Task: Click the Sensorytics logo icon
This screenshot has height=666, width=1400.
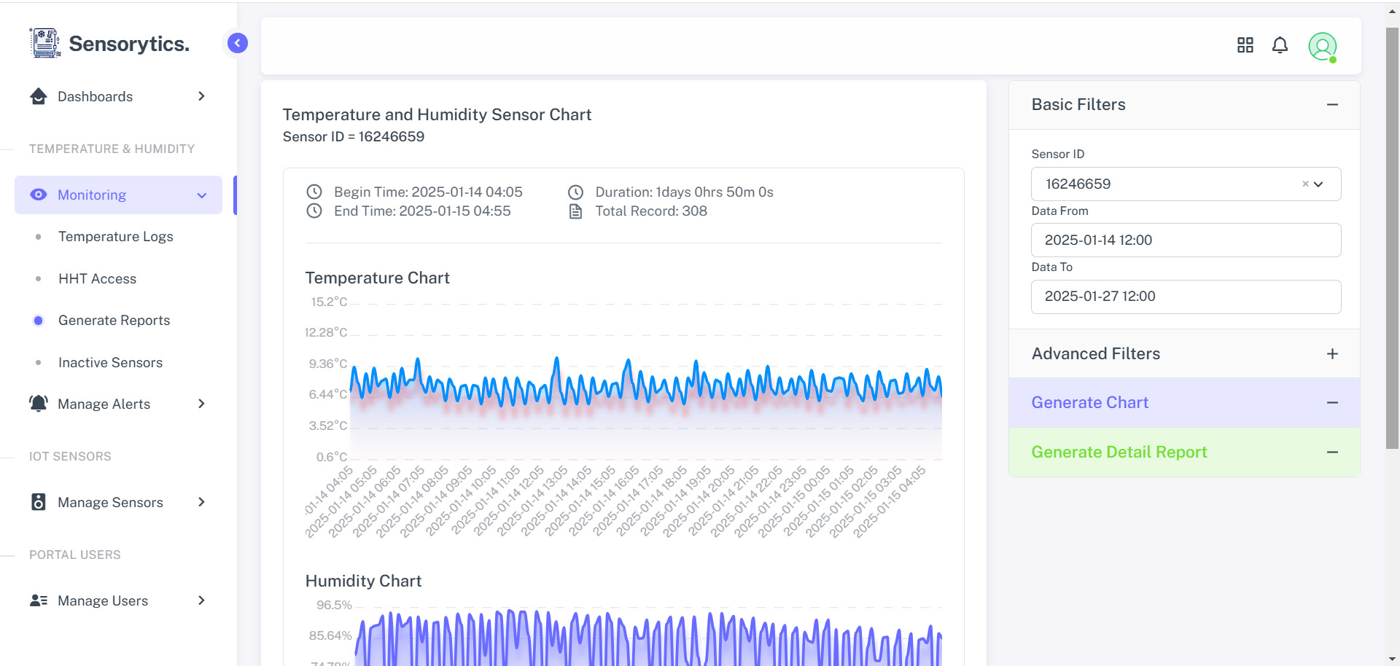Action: point(45,43)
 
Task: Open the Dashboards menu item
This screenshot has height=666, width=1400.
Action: point(95,97)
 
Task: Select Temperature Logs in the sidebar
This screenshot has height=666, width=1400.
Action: point(115,237)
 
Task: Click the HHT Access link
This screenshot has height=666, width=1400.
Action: point(97,279)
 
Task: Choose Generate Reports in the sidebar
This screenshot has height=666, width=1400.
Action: point(114,321)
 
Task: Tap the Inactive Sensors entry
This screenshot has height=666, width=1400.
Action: point(110,363)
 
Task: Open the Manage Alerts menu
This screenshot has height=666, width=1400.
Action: point(104,404)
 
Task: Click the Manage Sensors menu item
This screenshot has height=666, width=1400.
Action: point(110,503)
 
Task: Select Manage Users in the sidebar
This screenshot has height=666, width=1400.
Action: point(103,601)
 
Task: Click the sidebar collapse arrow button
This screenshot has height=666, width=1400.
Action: point(237,43)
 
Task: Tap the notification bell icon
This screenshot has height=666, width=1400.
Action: point(1280,46)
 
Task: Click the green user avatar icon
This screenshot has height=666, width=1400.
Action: point(1322,47)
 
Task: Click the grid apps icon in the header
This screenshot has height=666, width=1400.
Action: point(1245,46)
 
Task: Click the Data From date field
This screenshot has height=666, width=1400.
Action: point(1186,240)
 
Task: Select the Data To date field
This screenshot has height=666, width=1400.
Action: point(1186,297)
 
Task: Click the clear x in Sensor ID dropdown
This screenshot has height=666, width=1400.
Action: point(1305,184)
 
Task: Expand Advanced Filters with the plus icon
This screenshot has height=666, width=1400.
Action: point(1332,354)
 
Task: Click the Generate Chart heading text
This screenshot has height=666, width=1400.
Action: point(1089,403)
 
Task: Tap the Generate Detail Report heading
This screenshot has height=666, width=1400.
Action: point(1119,453)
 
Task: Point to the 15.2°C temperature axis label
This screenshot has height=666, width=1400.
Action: point(329,302)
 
